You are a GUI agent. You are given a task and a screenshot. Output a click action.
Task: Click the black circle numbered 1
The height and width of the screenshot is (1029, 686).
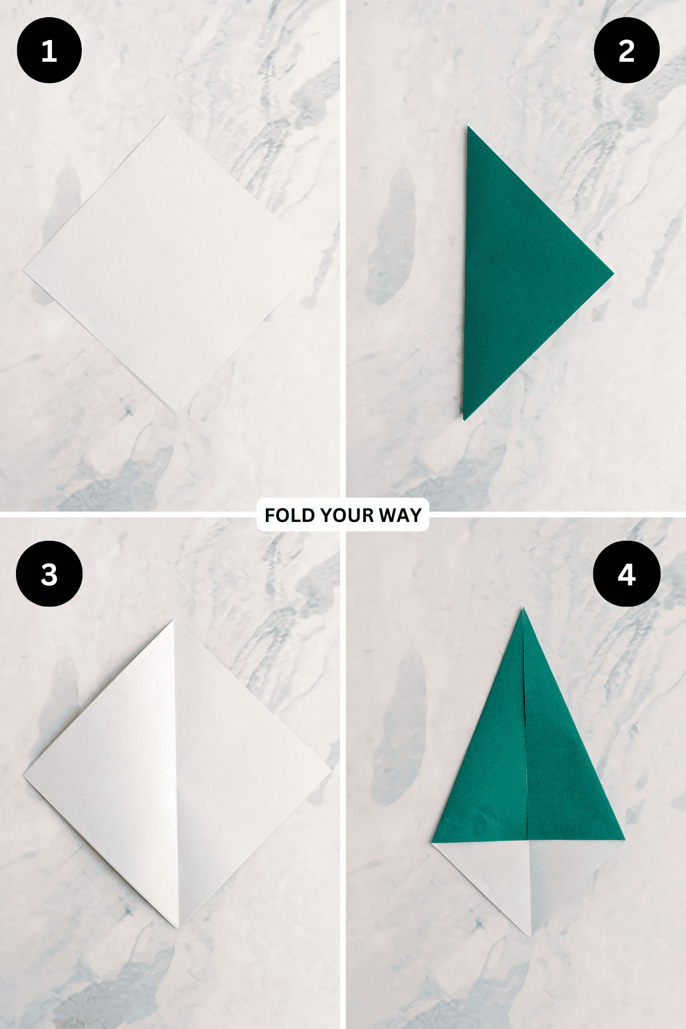(49, 51)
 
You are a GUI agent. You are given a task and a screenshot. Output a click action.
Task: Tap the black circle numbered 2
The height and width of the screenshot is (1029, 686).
(627, 51)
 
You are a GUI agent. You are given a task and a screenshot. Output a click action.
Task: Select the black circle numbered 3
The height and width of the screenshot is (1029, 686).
(49, 574)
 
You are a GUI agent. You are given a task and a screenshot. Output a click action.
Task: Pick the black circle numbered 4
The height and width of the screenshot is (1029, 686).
(627, 574)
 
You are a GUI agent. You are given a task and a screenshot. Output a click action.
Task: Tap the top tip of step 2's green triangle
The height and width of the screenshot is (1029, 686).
(468, 126)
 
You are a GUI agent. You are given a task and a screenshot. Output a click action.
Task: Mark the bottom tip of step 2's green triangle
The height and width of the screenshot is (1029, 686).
(464, 420)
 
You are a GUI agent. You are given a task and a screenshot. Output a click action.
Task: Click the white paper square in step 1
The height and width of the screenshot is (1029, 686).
(171, 265)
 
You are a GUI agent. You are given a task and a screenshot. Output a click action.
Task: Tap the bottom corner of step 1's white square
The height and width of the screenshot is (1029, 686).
(177, 413)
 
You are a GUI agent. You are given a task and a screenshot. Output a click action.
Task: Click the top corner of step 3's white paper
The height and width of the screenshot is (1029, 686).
(173, 620)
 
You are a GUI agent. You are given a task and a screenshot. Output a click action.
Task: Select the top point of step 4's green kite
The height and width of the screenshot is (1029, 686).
(523, 608)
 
